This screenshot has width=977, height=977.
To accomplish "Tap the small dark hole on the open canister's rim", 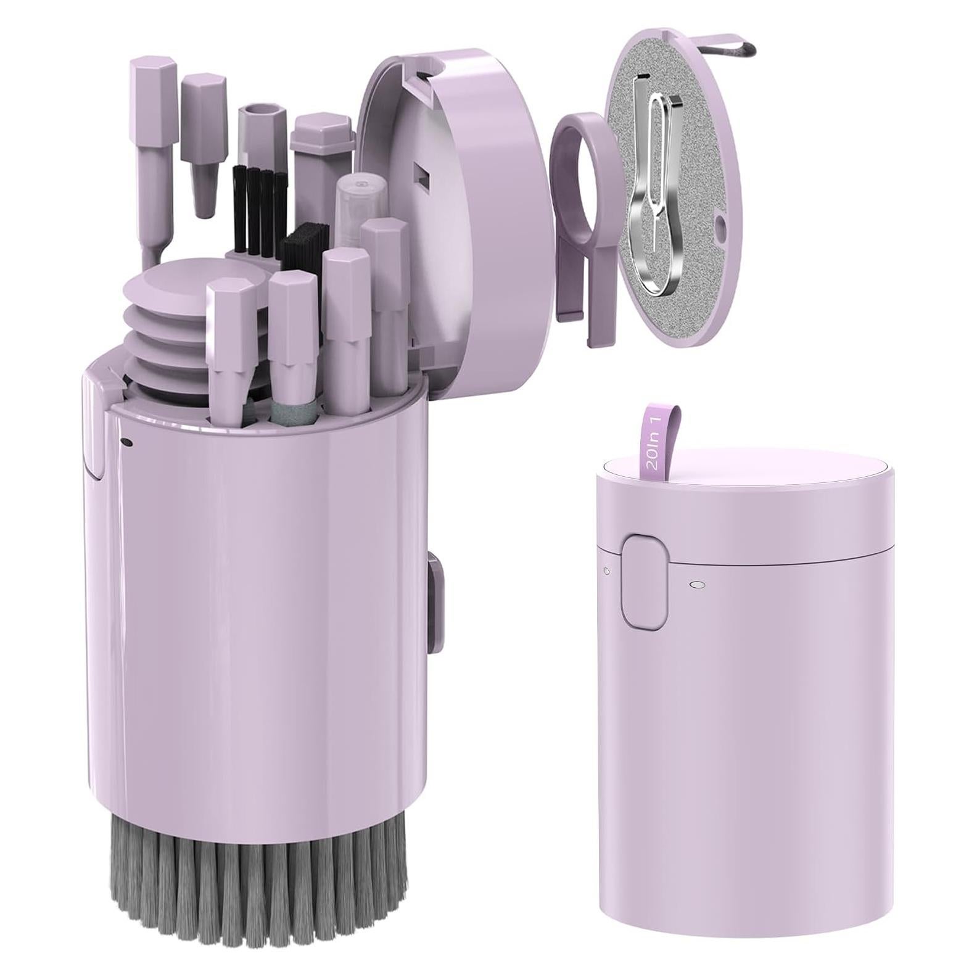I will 126,442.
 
